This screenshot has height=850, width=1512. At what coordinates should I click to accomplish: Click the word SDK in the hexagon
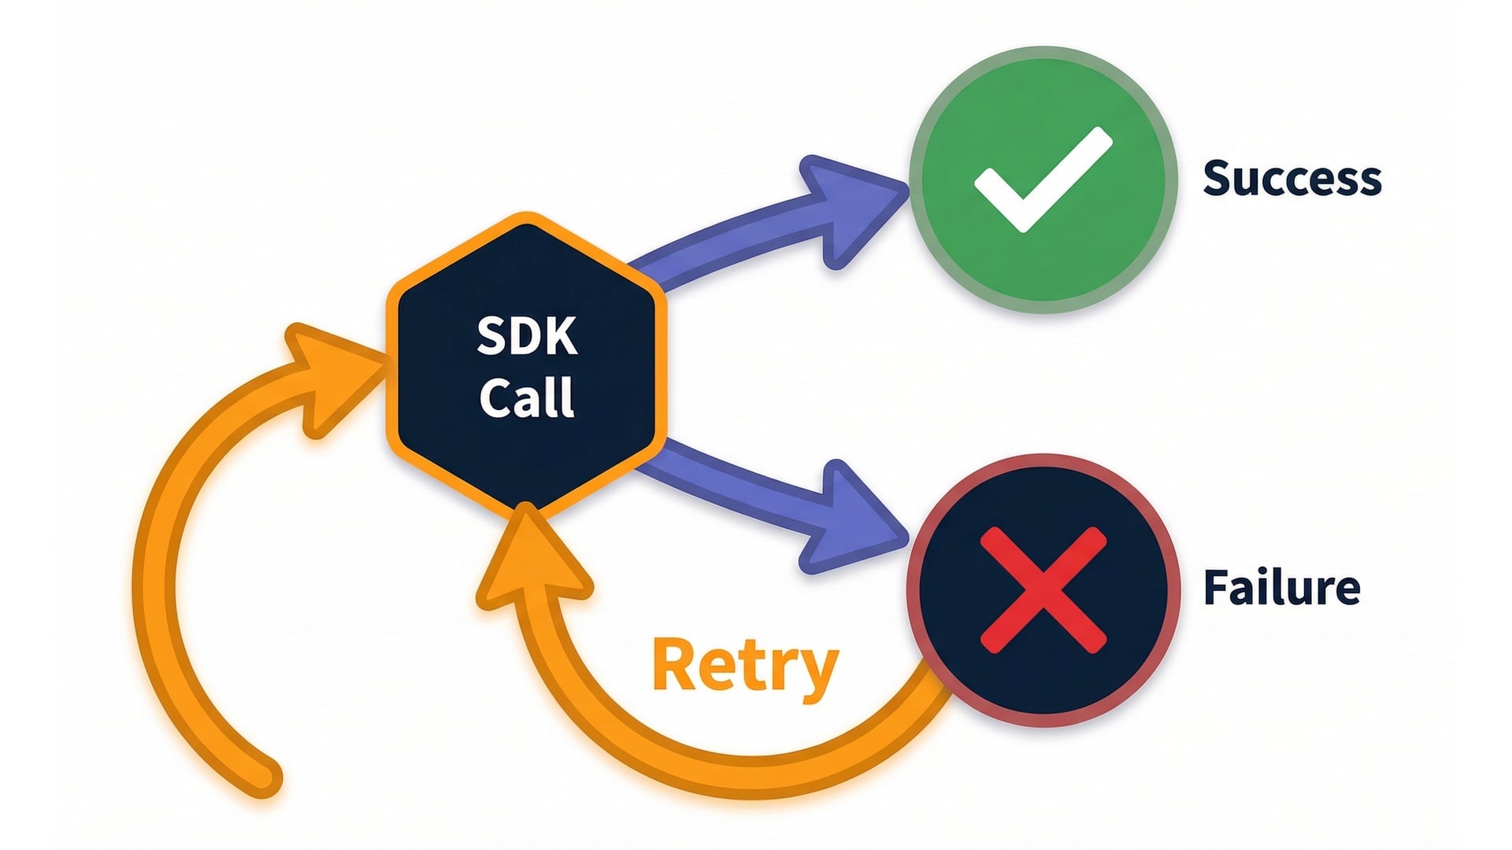pos(527,336)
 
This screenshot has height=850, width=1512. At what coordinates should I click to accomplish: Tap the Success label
pos(1291,178)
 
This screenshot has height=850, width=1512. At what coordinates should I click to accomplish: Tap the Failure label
pos(1281,587)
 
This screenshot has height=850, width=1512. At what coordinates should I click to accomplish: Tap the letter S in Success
pos(1218,178)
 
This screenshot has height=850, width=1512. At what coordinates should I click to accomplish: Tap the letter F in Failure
pos(1217,587)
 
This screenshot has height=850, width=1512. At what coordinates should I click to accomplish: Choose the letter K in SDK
pos(561,336)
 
